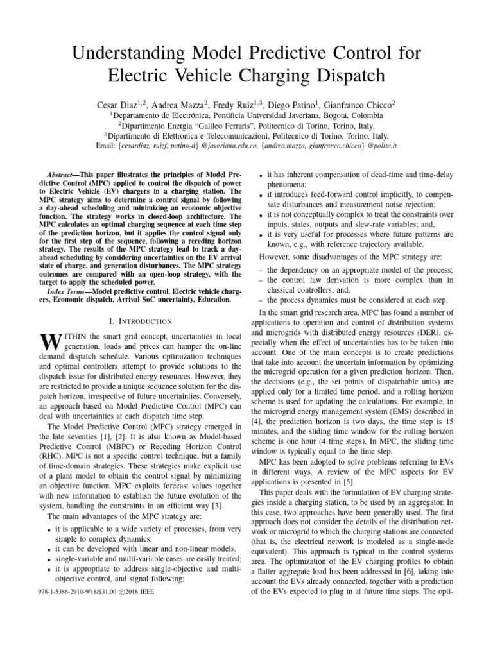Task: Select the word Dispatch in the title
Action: point(345,75)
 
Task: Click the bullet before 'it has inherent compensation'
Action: point(260,175)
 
